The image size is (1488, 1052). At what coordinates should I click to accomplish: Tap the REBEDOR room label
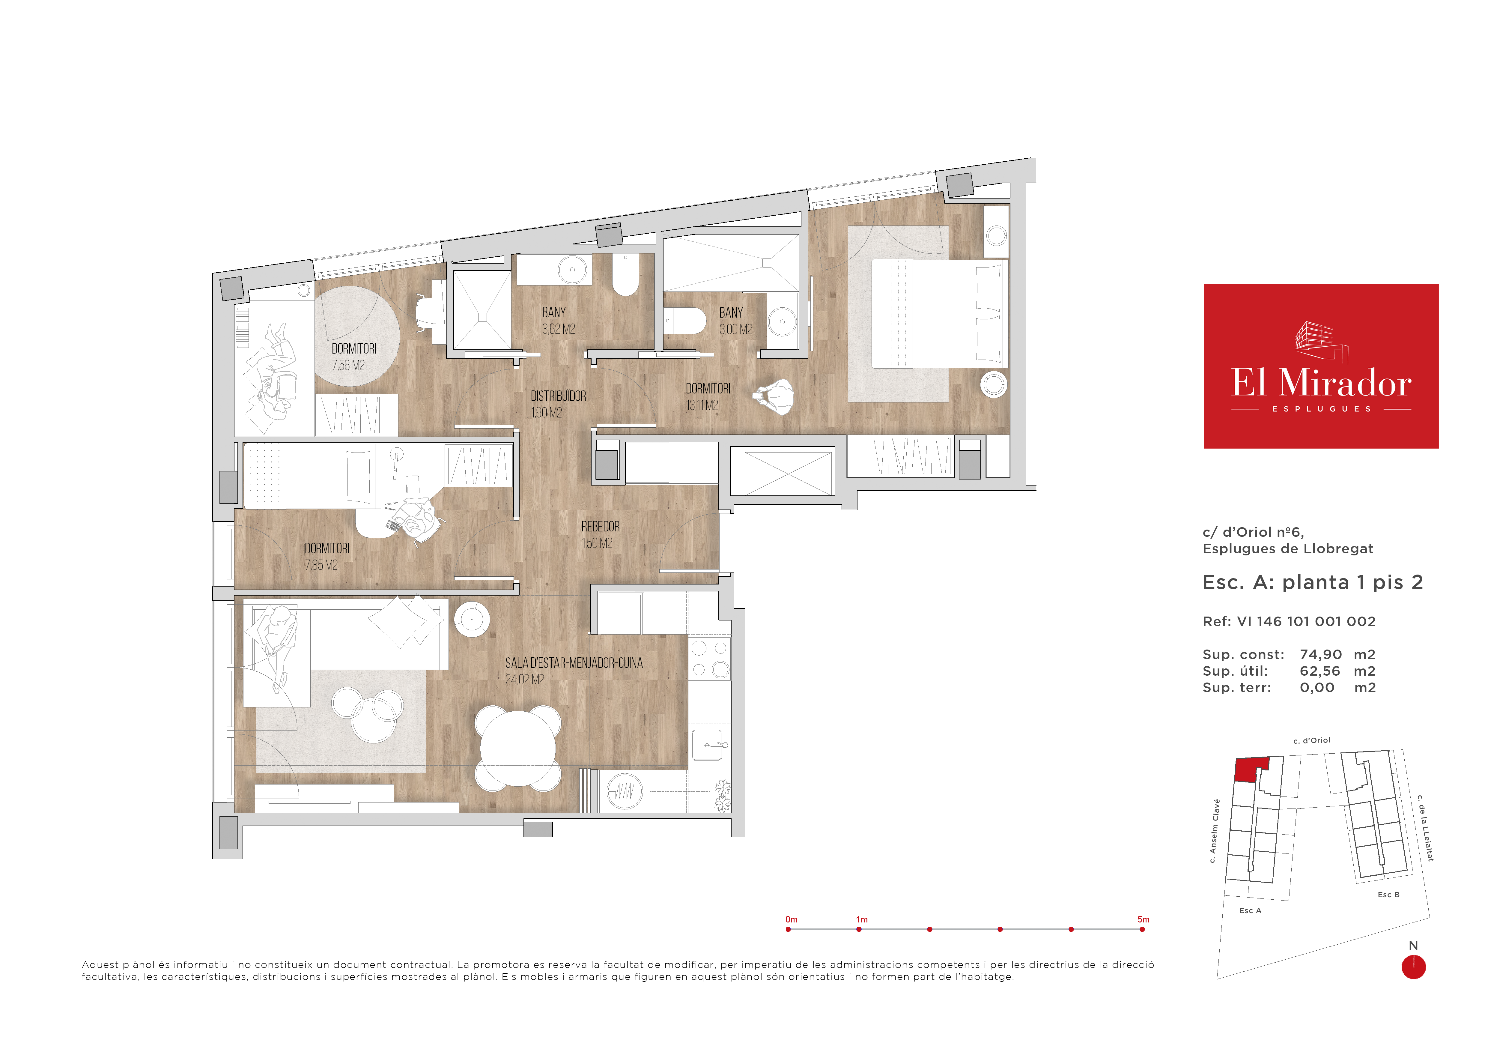[x=600, y=526]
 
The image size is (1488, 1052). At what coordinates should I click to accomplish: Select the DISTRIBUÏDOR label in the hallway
[x=558, y=395]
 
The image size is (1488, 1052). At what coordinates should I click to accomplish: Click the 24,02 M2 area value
[x=524, y=679]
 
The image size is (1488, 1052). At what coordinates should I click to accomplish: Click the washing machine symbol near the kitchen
[x=624, y=791]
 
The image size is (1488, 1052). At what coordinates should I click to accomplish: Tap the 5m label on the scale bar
[x=1143, y=919]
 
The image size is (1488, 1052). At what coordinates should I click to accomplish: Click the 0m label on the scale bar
[x=791, y=919]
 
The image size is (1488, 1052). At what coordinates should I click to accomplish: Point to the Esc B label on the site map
[x=1388, y=895]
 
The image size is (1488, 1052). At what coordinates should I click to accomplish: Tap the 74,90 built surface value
[x=1320, y=655]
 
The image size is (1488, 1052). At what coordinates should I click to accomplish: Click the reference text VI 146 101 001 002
[x=1306, y=621]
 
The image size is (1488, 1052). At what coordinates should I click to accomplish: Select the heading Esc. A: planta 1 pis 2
[x=1312, y=582]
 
